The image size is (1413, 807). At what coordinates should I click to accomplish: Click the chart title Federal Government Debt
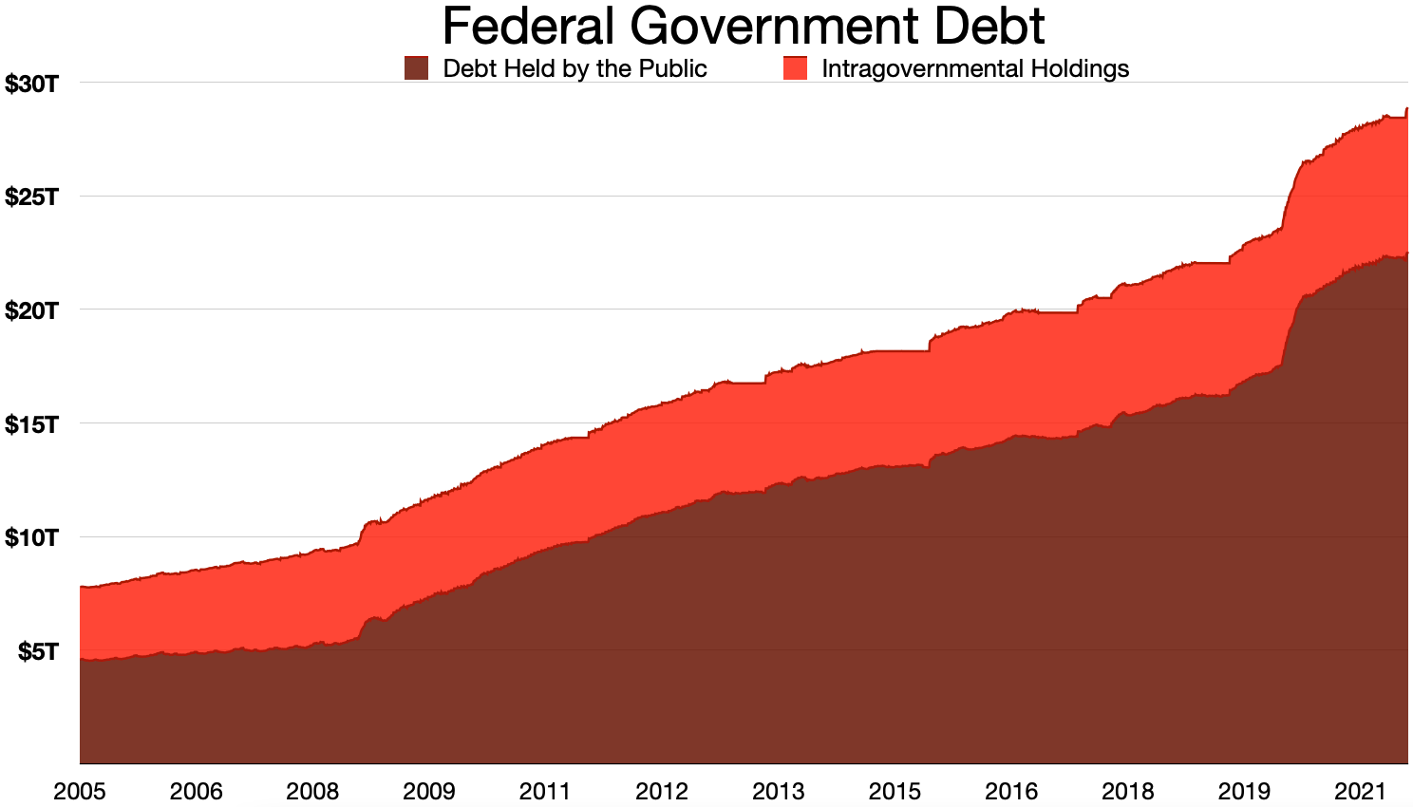pyautogui.click(x=744, y=27)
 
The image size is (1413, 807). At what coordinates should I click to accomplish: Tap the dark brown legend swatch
pyautogui.click(x=416, y=68)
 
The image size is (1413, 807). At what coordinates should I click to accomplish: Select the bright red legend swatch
pyautogui.click(x=795, y=68)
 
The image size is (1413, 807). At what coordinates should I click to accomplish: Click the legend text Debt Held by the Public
pyautogui.click(x=575, y=69)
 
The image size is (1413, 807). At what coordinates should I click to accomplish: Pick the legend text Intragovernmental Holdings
pyautogui.click(x=975, y=69)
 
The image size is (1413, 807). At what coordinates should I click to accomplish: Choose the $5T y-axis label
pyautogui.click(x=37, y=651)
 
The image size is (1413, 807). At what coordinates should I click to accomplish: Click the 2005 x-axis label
pyautogui.click(x=80, y=791)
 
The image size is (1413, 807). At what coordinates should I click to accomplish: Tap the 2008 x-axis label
pyautogui.click(x=312, y=791)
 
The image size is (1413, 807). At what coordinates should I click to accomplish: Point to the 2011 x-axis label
pyautogui.click(x=545, y=791)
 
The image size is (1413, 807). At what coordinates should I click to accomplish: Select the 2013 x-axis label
pyautogui.click(x=778, y=791)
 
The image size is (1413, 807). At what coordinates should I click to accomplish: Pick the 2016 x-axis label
pyautogui.click(x=1010, y=791)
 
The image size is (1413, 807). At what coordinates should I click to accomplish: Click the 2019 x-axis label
pyautogui.click(x=1244, y=791)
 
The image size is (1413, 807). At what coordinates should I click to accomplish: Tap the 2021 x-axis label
pyautogui.click(x=1360, y=791)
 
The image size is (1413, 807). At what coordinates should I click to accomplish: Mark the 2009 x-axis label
pyautogui.click(x=429, y=791)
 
